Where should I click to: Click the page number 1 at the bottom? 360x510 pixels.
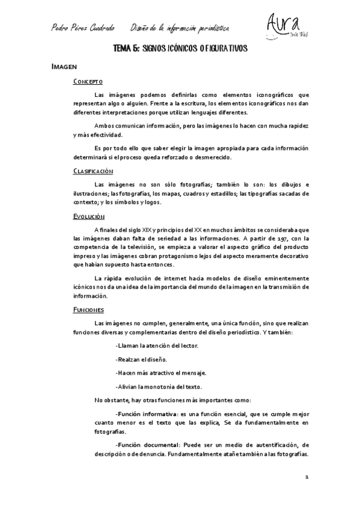click(307, 477)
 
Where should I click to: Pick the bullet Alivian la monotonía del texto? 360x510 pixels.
click(159, 386)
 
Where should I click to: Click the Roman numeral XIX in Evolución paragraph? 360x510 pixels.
click(147, 230)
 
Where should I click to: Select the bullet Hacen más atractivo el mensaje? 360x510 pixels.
click(160, 372)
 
